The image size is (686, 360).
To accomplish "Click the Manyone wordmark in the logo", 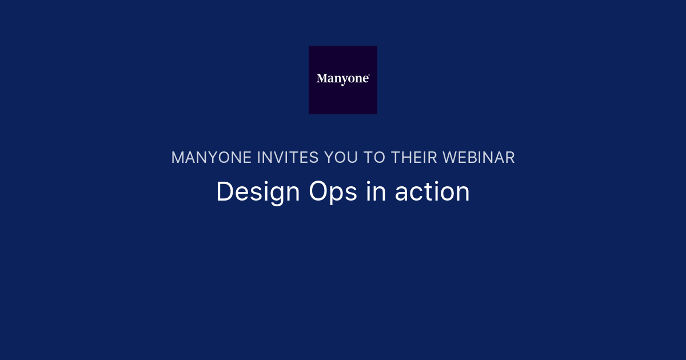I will coord(342,79).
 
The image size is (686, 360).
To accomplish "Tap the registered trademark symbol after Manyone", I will coord(369,75).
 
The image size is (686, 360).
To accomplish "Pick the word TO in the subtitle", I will coord(374,158).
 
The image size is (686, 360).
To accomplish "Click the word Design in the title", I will coord(258,192).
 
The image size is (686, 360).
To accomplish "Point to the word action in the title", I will coord(432,192).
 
